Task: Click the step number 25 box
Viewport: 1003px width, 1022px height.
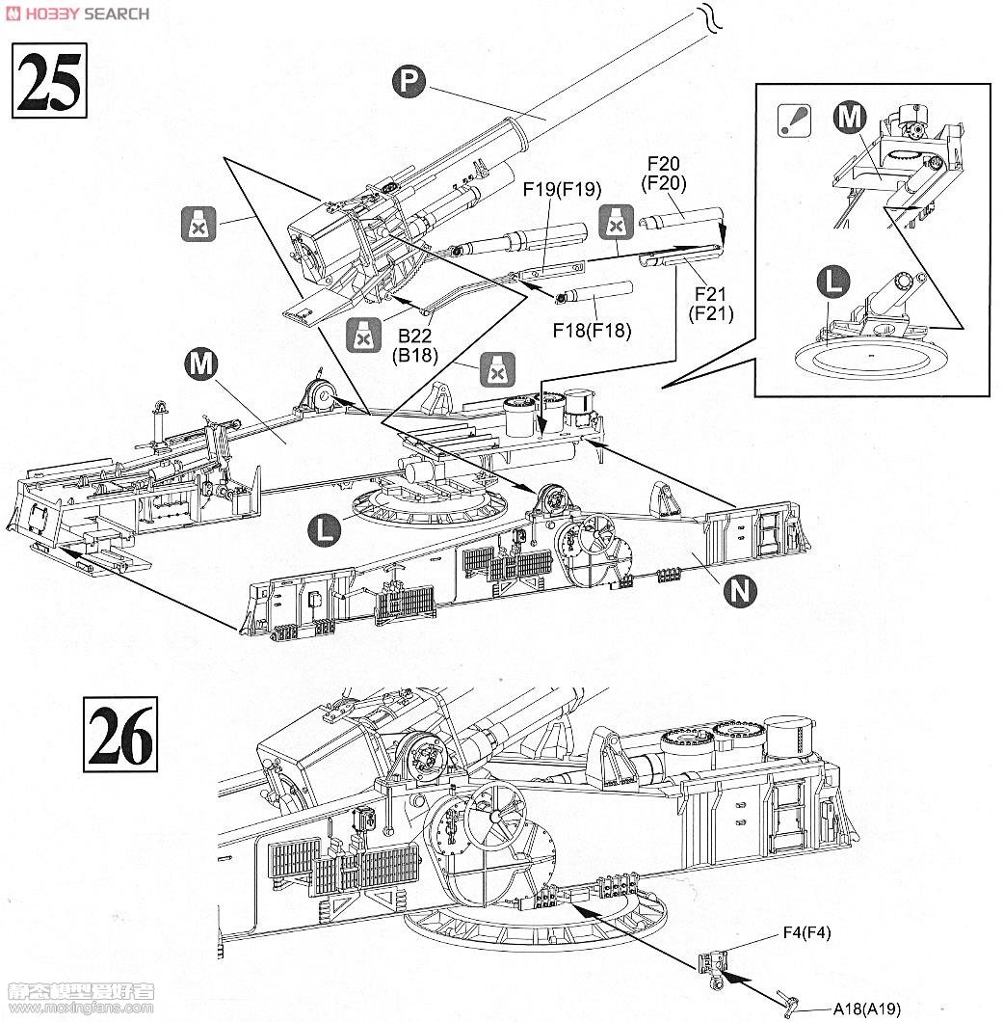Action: tap(49, 80)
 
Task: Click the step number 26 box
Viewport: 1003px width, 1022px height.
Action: tap(120, 734)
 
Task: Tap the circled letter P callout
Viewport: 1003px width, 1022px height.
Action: tap(409, 82)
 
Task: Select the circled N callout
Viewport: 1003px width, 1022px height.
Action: tap(741, 591)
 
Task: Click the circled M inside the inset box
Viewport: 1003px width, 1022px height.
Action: tap(850, 118)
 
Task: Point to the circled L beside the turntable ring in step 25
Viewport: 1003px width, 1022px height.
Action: tap(325, 528)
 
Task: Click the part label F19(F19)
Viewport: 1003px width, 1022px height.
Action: tap(562, 189)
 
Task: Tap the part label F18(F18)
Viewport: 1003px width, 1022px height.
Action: tap(592, 331)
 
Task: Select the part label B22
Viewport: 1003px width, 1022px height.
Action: tap(415, 336)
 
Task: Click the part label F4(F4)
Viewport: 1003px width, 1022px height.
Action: tap(807, 932)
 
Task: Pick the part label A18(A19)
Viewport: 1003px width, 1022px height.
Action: tap(867, 1009)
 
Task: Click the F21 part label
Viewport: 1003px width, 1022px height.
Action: tap(710, 294)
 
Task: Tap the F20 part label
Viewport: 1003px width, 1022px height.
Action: tap(664, 163)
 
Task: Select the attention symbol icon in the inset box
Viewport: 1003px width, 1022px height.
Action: tap(795, 121)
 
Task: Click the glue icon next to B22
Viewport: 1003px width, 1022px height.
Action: tap(363, 335)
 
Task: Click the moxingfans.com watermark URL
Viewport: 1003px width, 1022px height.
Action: tap(80, 1009)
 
